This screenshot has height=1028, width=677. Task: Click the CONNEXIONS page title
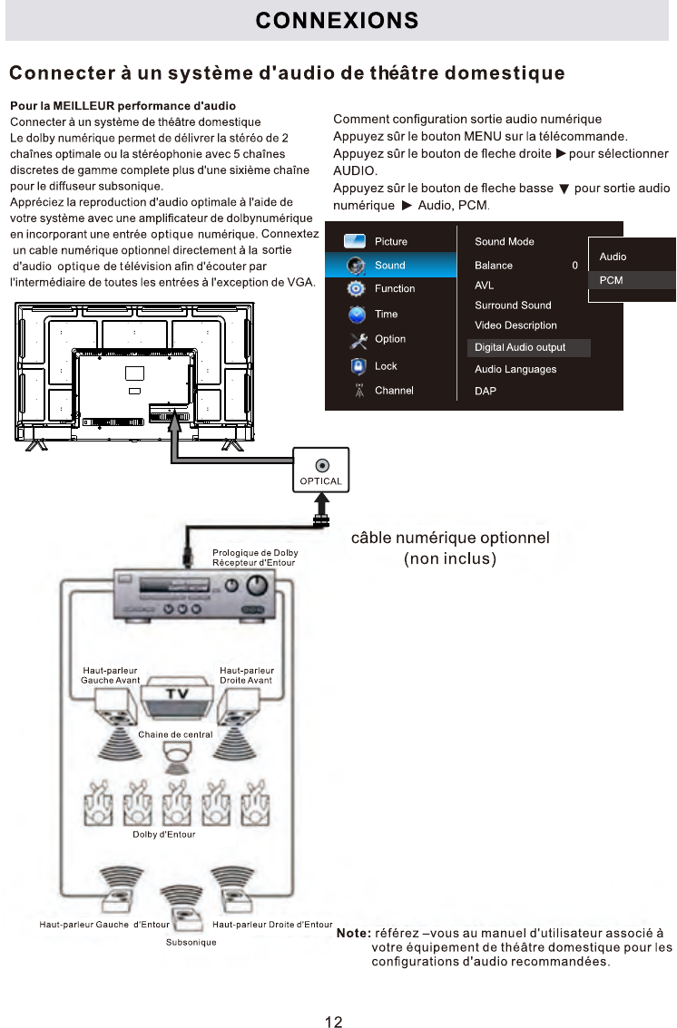337,20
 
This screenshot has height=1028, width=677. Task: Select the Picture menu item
390,242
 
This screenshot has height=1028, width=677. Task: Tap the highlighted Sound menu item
389,266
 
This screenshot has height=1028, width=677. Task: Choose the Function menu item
394,288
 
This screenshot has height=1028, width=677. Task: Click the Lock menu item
386,366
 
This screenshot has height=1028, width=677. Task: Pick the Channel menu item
394,391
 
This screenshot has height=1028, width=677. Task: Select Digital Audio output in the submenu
520,347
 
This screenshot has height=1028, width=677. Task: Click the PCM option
612,281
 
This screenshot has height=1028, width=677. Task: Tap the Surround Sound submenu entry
513,305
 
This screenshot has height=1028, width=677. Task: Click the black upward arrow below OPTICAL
320,504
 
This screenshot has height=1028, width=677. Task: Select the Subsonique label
191,943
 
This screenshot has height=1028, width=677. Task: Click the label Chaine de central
175,734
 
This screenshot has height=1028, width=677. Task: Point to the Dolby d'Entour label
164,835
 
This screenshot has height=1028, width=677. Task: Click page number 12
333,997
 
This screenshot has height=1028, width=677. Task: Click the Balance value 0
574,266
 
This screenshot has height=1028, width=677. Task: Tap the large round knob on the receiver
257,584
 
